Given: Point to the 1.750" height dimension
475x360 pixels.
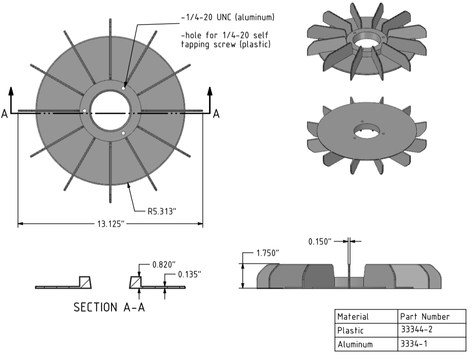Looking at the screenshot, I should (268, 253).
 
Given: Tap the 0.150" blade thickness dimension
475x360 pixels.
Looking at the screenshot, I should (320, 242).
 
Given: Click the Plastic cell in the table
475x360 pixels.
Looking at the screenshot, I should (350, 330).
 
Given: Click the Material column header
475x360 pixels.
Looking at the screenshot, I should (353, 317).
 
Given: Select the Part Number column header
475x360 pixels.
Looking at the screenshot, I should (424, 317).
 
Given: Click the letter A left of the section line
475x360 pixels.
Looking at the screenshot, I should (4, 114).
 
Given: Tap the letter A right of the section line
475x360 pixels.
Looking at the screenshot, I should (216, 114).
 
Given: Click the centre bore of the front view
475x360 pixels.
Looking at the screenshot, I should (110, 110).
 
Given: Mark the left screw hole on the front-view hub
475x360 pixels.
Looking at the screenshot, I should (84, 111).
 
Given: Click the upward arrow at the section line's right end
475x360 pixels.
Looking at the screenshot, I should (209, 94).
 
